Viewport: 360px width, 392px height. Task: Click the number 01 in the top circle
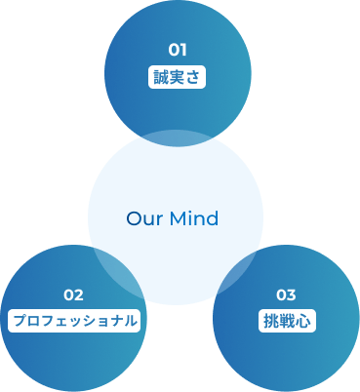click(x=177, y=50)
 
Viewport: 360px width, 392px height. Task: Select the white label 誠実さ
click(x=177, y=77)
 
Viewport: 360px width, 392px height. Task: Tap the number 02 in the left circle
click(x=73, y=294)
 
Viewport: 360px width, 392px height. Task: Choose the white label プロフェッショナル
click(x=73, y=320)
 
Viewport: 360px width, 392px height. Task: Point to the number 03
click(x=286, y=294)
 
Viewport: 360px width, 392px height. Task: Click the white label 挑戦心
click(x=286, y=320)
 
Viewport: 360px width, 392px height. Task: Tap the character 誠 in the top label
click(x=161, y=77)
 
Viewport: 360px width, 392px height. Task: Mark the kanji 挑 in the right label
click(x=270, y=320)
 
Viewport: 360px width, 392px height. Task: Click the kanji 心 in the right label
click(x=301, y=320)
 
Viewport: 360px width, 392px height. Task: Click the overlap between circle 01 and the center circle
click(x=177, y=137)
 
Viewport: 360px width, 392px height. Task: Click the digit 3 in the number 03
click(x=291, y=294)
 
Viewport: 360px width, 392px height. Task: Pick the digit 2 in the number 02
click(x=78, y=294)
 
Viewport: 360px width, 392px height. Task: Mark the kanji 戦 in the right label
click(x=286, y=320)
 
